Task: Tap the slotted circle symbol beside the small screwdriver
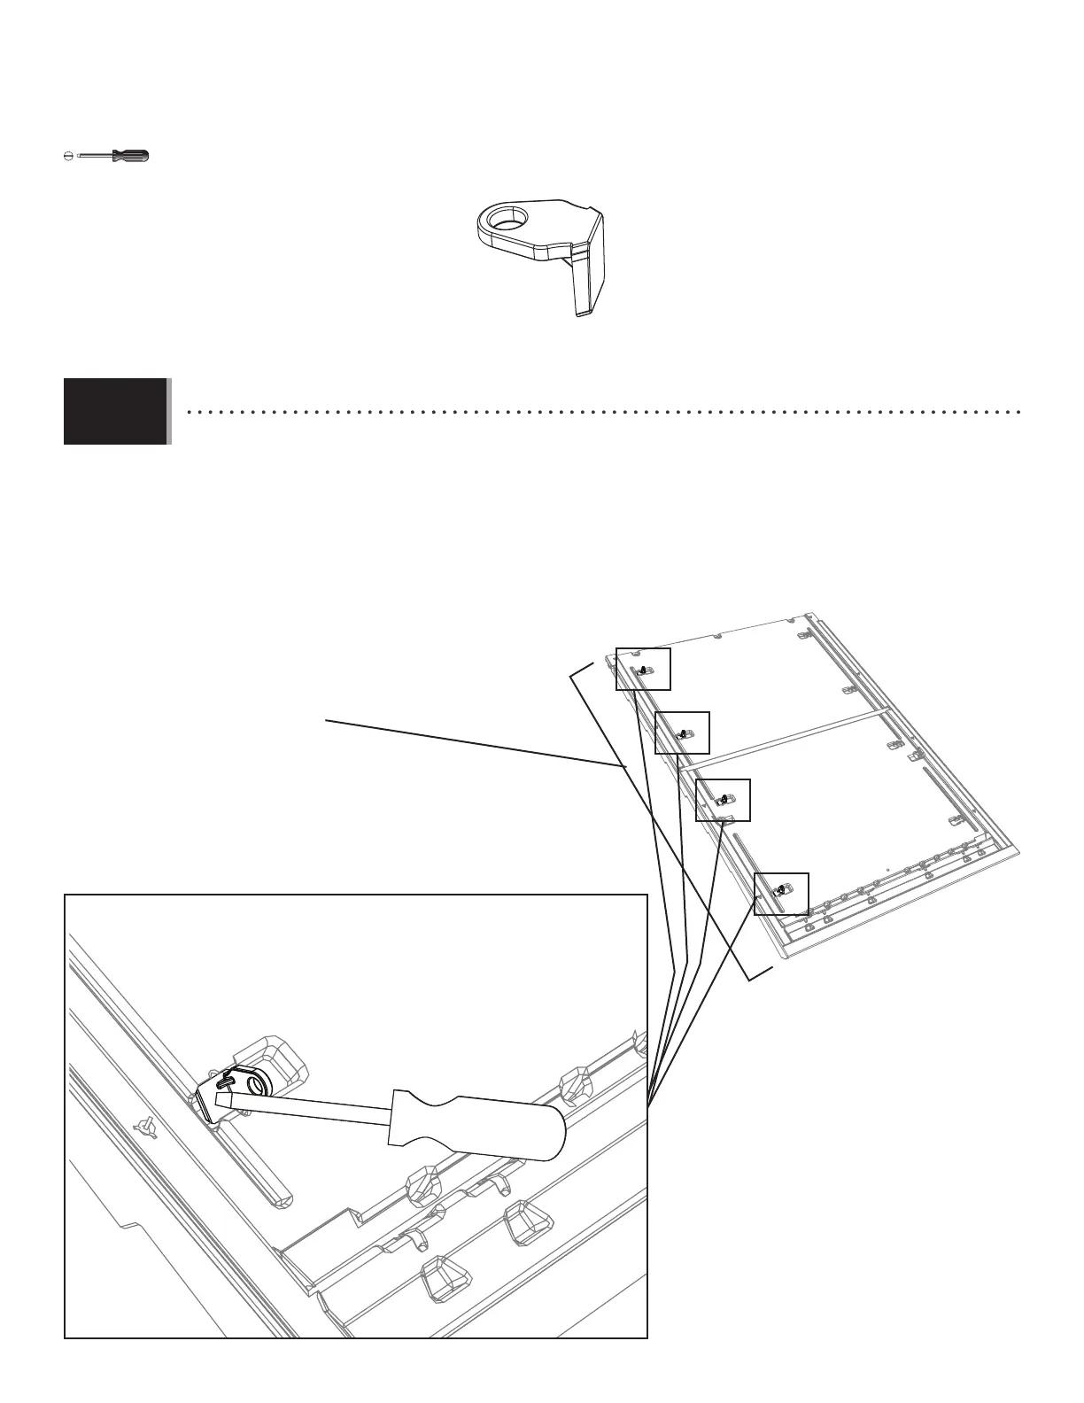click(68, 156)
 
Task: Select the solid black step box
click(115, 411)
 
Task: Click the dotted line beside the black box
click(602, 412)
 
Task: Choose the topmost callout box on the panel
click(643, 669)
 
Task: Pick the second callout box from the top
click(682, 733)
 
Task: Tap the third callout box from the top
click(723, 800)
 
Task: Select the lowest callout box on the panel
click(781, 894)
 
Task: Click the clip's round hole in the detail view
click(259, 1086)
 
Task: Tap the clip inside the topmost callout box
click(644, 670)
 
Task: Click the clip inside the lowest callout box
click(781, 891)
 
